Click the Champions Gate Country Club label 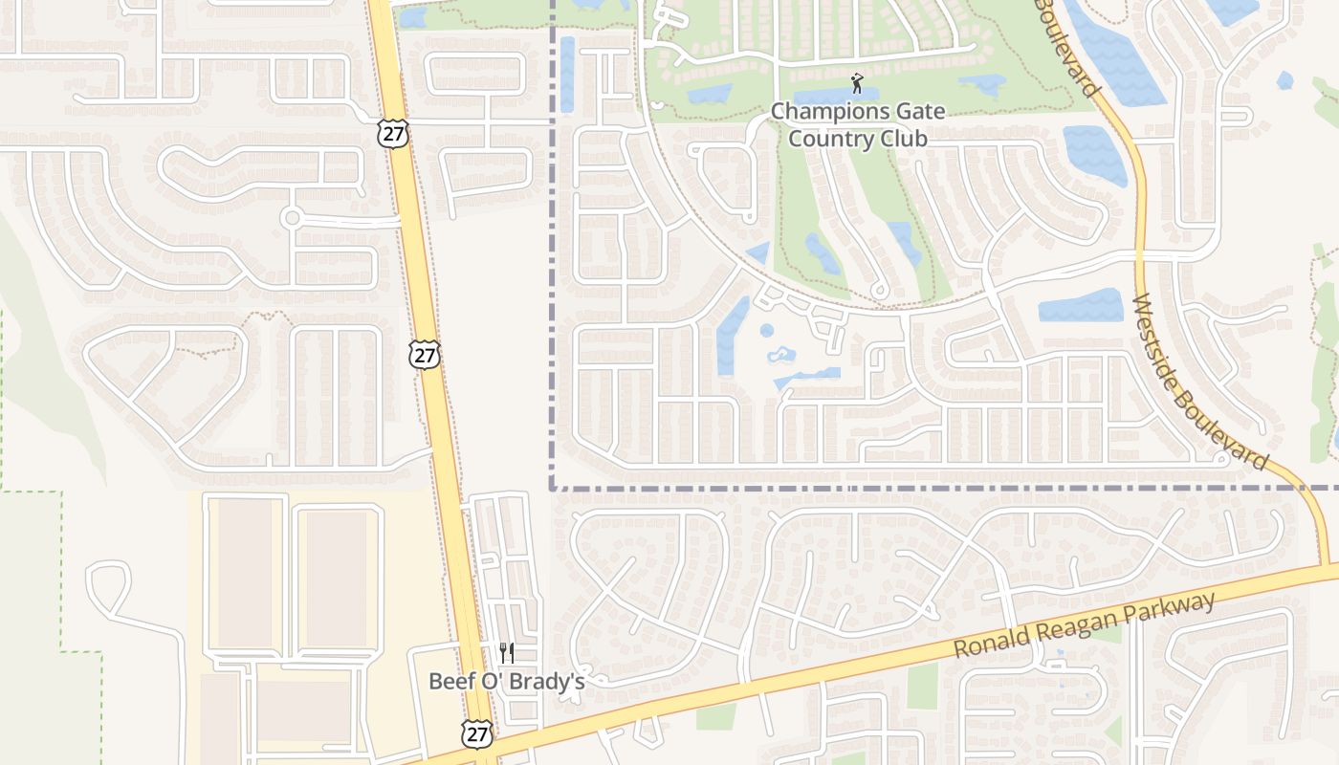[x=858, y=124]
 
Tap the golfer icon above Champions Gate [x=857, y=83]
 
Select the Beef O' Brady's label [x=506, y=682]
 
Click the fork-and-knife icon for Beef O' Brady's [x=507, y=653]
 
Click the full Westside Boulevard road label [x=1199, y=381]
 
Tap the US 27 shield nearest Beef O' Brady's [x=476, y=733]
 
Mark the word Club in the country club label [x=905, y=139]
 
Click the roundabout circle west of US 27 [x=292, y=218]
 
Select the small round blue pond [x=766, y=331]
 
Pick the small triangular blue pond [x=757, y=253]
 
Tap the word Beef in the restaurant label [x=450, y=682]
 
